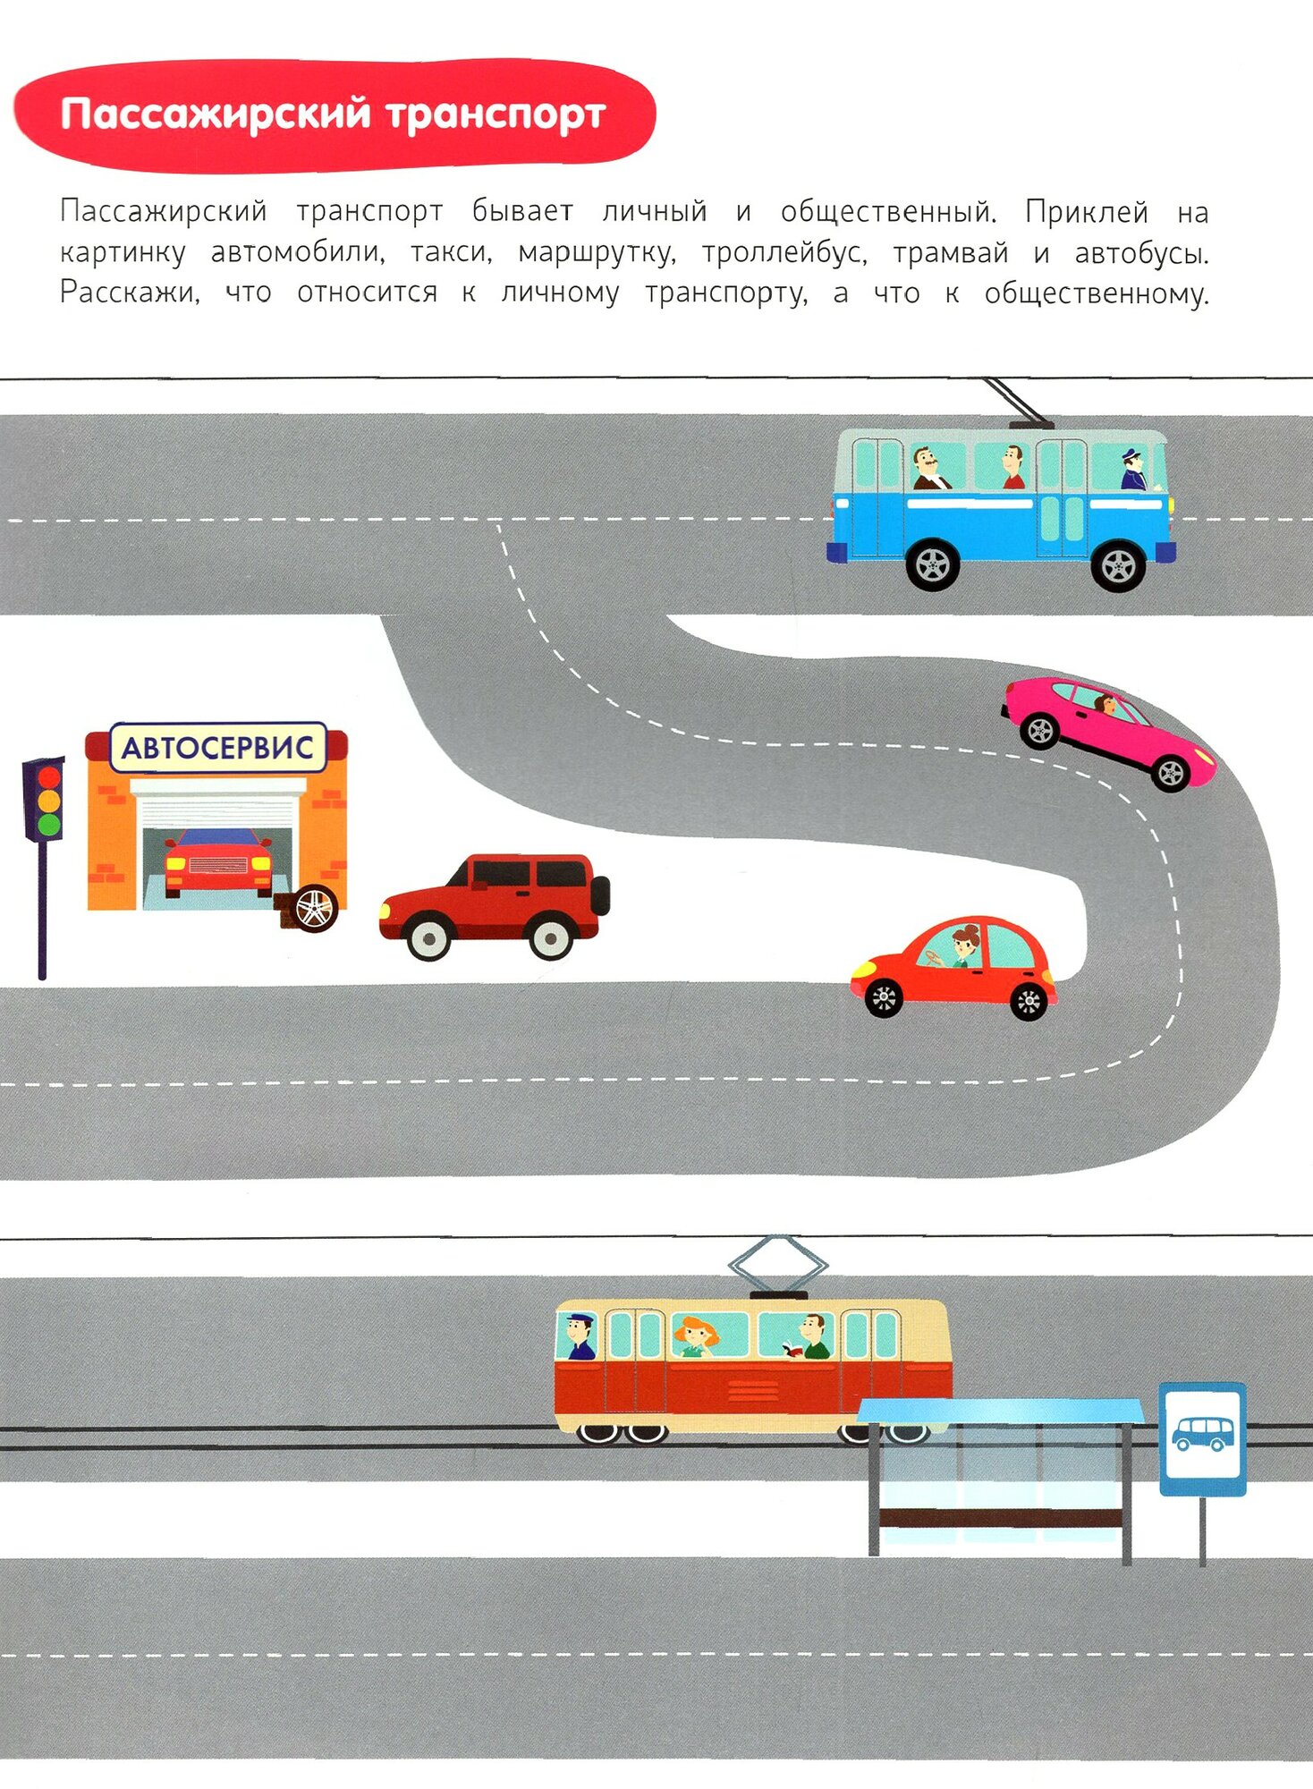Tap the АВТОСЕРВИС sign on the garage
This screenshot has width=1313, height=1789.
click(217, 748)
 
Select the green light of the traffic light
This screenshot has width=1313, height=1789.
click(48, 824)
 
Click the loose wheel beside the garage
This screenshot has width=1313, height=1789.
click(313, 908)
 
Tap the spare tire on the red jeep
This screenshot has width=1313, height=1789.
click(601, 894)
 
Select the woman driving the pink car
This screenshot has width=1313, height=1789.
click(1107, 705)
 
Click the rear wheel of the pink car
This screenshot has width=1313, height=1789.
click(1040, 731)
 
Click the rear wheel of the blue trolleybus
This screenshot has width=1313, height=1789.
click(932, 564)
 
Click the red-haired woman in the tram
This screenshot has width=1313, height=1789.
click(694, 1336)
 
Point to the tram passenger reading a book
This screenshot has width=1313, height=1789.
click(809, 1337)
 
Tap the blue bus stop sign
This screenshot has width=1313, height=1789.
click(1202, 1437)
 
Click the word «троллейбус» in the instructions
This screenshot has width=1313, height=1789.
click(784, 253)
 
